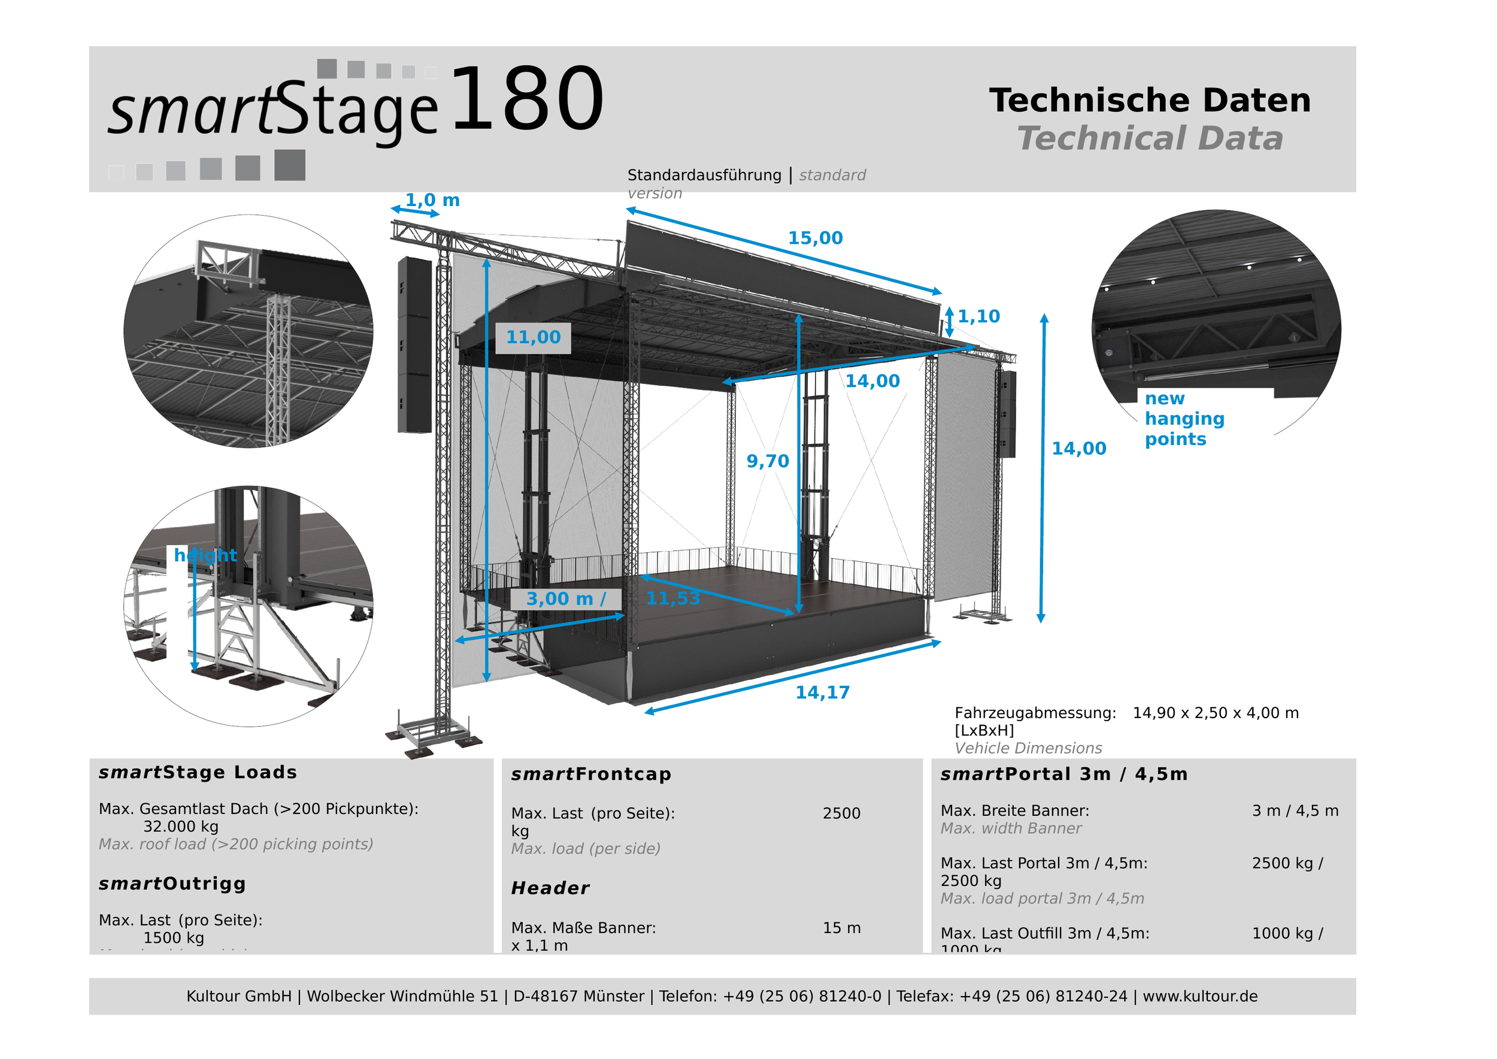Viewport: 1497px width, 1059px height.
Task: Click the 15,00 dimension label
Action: point(815,238)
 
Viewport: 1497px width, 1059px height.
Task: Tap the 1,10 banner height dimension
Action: point(978,316)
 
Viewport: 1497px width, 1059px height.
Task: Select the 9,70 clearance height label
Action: point(768,461)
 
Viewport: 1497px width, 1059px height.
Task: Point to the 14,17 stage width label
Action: point(822,692)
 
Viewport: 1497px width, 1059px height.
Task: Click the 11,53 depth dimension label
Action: point(673,598)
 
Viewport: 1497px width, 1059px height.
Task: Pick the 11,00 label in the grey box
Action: point(533,337)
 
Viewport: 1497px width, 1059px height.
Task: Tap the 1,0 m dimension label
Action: point(432,200)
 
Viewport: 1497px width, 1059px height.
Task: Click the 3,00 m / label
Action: point(565,598)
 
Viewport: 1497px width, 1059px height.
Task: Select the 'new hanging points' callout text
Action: point(1184,419)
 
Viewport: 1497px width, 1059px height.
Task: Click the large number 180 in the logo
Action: point(527,99)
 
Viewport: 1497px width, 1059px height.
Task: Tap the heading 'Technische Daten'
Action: point(1150,101)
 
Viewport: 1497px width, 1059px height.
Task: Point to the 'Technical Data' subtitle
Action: point(1150,139)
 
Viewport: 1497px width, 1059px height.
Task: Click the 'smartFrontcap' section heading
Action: point(590,774)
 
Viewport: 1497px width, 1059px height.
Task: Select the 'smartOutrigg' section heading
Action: point(172,883)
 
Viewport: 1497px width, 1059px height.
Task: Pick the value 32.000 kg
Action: point(181,827)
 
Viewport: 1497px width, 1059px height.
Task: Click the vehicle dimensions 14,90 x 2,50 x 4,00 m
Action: point(1216,713)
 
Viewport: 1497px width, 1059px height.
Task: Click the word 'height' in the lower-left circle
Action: point(205,555)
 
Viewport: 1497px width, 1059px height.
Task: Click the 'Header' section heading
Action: point(550,888)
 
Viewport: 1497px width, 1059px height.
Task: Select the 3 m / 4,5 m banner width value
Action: point(1295,810)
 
